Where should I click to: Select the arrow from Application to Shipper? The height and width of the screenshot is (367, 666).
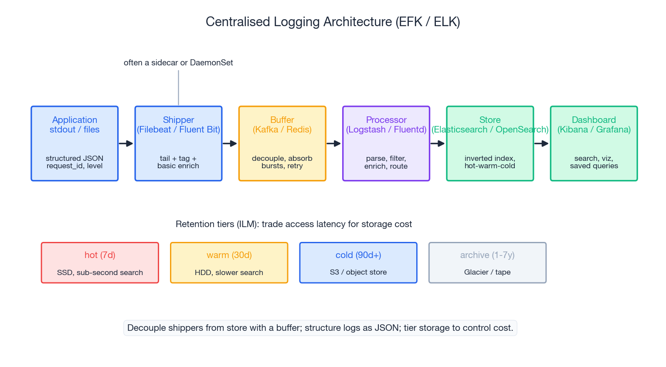(126, 143)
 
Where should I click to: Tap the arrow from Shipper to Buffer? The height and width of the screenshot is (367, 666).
(230, 143)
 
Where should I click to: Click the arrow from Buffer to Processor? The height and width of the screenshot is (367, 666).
(333, 143)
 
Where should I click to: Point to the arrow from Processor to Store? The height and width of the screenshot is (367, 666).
(438, 143)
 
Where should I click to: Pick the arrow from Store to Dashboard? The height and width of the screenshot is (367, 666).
(541, 143)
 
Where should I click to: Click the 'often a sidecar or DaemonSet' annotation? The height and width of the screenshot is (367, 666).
(178, 63)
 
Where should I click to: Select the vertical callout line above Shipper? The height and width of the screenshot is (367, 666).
(178, 88)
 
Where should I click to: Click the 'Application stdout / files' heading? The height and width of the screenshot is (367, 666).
(75, 125)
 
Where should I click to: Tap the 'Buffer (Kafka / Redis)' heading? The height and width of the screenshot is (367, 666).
(282, 125)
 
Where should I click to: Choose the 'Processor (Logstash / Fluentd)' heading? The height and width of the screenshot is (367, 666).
(386, 125)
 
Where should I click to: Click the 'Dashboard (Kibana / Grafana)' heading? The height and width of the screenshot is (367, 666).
(594, 125)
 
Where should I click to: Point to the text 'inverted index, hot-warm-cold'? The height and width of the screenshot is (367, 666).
(490, 162)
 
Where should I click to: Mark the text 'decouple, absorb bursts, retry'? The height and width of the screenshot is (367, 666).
(282, 162)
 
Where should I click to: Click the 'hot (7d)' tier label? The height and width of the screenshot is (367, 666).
(100, 255)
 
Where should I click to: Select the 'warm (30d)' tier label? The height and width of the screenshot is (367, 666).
(229, 255)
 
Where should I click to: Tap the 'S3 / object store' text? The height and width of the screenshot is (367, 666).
(358, 272)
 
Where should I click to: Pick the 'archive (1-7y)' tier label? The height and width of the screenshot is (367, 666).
(487, 255)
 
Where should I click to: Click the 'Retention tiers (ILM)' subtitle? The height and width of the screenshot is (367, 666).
(293, 224)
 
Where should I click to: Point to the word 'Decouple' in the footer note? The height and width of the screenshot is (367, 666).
(146, 328)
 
